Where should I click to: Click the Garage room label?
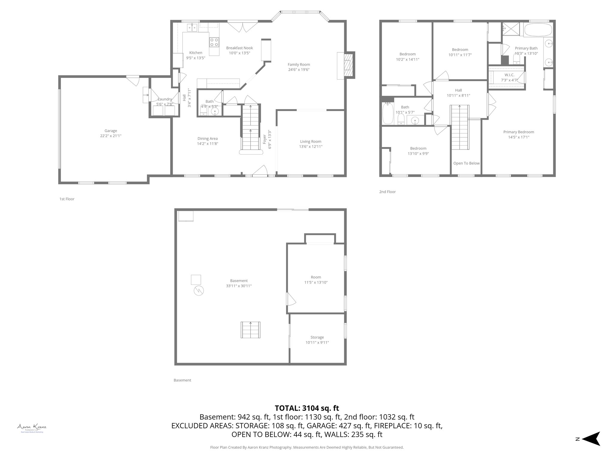click(x=111, y=131)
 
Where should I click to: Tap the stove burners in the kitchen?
click(x=214, y=42)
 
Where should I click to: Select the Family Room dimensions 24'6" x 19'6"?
click(x=299, y=70)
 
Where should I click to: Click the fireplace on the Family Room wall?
click(x=348, y=65)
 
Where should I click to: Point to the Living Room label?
click(x=311, y=141)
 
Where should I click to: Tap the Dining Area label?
click(x=207, y=138)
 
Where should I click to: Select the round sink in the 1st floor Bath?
click(x=215, y=111)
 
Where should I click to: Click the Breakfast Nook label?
click(x=239, y=48)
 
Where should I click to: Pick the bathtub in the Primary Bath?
click(x=538, y=30)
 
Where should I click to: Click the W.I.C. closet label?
click(x=509, y=75)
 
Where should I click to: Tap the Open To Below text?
click(x=466, y=163)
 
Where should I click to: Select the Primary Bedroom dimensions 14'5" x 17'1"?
click(x=518, y=137)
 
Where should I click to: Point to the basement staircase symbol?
click(x=250, y=330)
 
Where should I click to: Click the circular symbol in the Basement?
click(x=199, y=290)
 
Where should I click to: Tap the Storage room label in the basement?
click(x=317, y=337)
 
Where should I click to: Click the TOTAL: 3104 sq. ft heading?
click(x=307, y=408)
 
